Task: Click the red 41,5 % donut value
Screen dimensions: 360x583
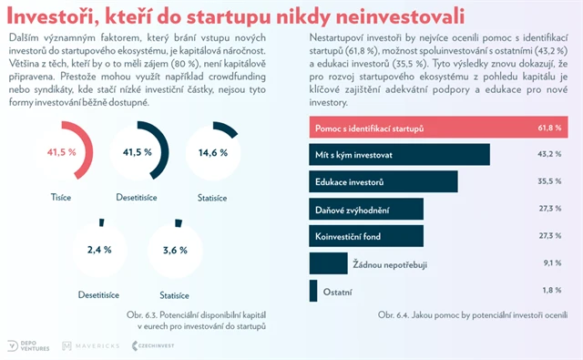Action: coord(62,152)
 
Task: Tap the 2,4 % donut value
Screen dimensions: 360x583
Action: coord(99,250)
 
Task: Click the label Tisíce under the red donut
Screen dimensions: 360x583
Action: coord(62,197)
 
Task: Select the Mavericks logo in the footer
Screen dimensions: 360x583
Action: coord(91,346)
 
